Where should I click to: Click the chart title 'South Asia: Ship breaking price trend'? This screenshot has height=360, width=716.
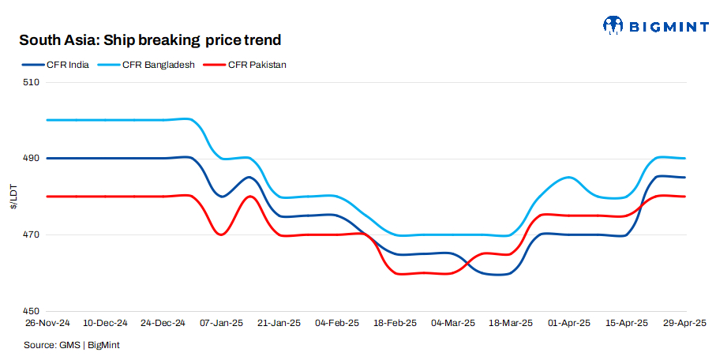(x=150, y=39)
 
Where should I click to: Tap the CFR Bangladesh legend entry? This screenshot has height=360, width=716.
(x=149, y=65)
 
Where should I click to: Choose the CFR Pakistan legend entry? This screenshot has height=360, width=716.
(x=246, y=65)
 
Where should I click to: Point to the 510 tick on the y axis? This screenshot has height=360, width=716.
(x=32, y=82)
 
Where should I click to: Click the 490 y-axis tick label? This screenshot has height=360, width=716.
(x=32, y=159)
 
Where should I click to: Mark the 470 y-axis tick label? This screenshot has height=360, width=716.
(x=32, y=235)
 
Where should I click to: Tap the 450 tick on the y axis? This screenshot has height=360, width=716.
(x=32, y=311)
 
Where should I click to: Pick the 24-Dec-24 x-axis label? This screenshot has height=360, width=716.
(x=163, y=324)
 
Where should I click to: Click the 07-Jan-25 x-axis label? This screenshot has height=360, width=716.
(x=221, y=324)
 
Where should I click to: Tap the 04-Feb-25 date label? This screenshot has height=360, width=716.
(x=338, y=324)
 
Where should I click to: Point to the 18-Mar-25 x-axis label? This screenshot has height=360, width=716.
(x=510, y=324)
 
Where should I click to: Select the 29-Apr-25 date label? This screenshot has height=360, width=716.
(x=684, y=324)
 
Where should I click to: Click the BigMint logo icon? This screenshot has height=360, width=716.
(x=613, y=26)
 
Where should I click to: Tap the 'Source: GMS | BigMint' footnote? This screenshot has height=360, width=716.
(x=71, y=345)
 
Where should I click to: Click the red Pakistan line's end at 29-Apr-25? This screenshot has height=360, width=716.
(x=684, y=197)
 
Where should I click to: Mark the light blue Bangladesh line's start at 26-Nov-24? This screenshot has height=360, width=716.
(x=47, y=120)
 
